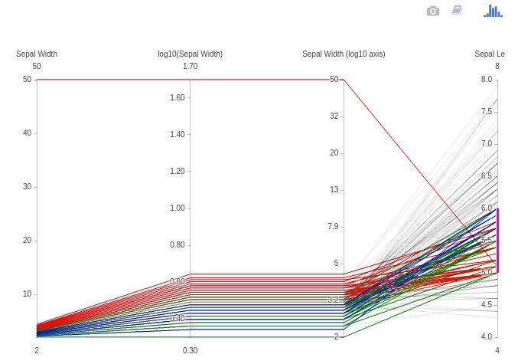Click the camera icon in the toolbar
[433, 11]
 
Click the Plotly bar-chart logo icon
[493, 11]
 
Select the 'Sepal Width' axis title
[37, 54]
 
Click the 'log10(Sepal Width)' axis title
[190, 54]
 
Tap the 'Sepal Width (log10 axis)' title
[344, 54]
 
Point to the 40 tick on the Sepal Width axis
[27, 133]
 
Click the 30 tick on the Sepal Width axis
[27, 187]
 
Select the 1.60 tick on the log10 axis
[178, 97]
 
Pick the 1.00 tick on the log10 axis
[178, 208]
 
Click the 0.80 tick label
[178, 245]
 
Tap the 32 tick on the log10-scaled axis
[334, 116]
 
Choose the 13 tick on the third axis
[334, 190]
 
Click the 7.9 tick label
[333, 227]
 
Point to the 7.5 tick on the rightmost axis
[486, 112]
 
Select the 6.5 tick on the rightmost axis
[486, 176]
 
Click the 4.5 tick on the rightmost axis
[486, 305]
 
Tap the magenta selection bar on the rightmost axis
[497, 240]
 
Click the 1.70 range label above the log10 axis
[190, 66]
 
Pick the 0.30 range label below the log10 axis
[190, 350]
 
